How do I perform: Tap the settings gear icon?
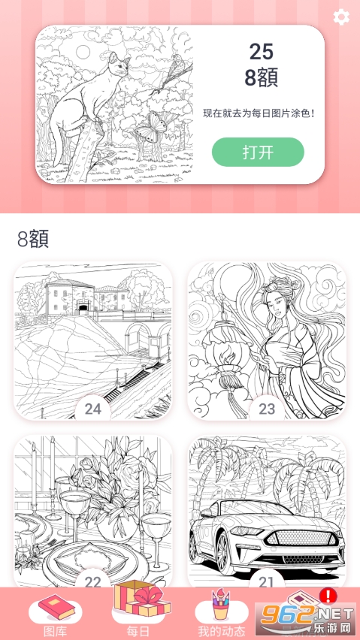coord(341,17)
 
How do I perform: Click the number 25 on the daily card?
coord(262,53)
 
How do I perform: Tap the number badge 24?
coord(92,409)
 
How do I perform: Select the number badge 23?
coord(267,409)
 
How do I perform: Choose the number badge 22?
coord(92,581)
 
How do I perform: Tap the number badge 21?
coord(267,581)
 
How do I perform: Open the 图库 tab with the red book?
coord(56,616)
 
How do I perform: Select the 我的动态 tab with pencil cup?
coord(221,616)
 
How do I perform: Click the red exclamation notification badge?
coord(328,596)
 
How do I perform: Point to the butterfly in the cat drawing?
coord(152,126)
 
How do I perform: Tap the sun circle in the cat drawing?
coord(83,52)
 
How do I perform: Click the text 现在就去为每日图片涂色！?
coord(259,113)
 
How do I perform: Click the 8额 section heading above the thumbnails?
coord(33,239)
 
